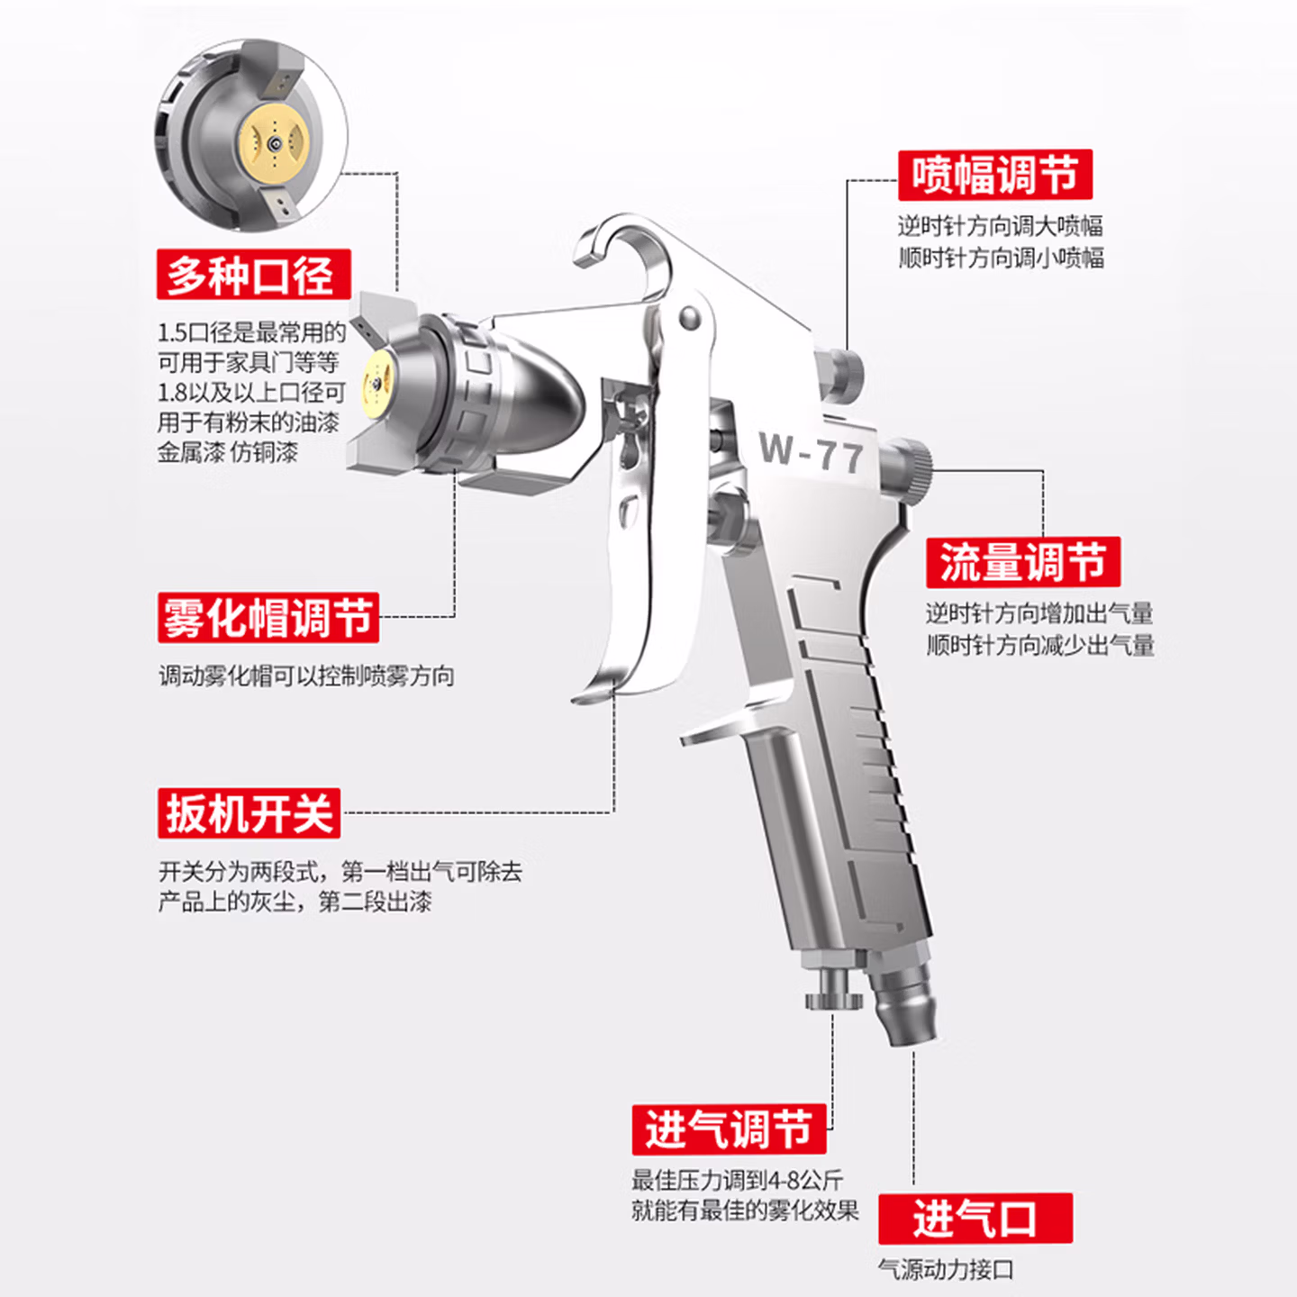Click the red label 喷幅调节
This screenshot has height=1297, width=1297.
994,175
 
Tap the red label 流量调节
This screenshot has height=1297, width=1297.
1023,562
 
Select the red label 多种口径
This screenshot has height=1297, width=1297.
254,274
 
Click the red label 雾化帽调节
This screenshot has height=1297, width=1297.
268,617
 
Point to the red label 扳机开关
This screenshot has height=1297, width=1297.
249,813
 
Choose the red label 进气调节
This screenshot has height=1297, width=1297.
729,1129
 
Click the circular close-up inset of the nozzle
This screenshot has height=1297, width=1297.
250,134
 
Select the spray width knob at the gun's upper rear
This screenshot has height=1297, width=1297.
839,376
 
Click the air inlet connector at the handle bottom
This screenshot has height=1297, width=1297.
902,996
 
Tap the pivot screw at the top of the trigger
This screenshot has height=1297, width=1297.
690,315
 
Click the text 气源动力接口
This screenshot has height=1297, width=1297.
946,1269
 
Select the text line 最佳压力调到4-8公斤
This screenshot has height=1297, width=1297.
737,1180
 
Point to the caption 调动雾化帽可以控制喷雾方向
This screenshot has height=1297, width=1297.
306,676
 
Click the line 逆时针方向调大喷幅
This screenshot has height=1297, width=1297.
1000,226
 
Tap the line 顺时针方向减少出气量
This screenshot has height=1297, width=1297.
1040,645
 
